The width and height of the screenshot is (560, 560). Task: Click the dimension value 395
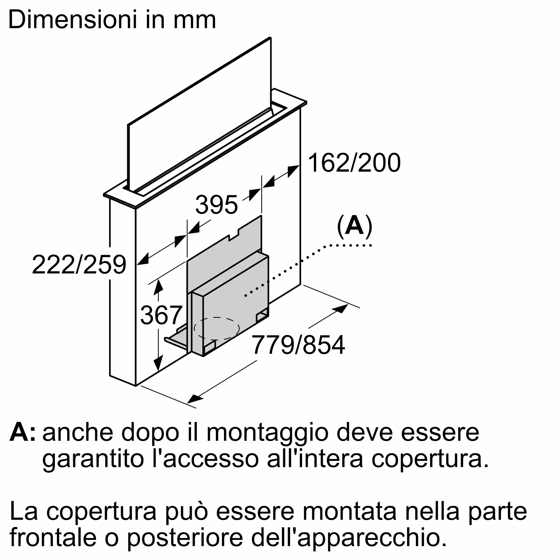(x=216, y=205)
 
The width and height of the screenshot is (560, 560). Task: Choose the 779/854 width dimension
(x=298, y=345)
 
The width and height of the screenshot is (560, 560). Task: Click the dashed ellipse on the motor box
(x=216, y=328)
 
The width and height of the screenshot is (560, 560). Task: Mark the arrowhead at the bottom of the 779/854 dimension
(x=195, y=398)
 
